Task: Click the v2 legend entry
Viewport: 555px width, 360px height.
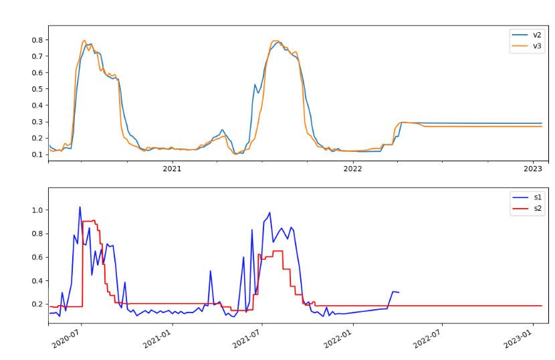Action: pyautogui.click(x=537, y=35)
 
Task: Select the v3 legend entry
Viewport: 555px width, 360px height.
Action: pyautogui.click(x=537, y=46)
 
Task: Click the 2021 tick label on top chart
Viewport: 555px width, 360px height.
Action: pyautogui.click(x=173, y=169)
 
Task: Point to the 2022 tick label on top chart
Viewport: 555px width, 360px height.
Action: pyautogui.click(x=352, y=169)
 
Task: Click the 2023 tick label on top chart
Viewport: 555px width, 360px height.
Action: pyautogui.click(x=533, y=169)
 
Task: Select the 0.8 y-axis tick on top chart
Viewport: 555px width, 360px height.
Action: pyautogui.click(x=37, y=40)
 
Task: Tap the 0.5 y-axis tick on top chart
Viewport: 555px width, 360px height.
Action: pyautogui.click(x=37, y=89)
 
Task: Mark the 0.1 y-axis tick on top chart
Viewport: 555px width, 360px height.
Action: pyautogui.click(x=37, y=155)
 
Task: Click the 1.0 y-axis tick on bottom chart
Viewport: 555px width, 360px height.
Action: pyautogui.click(x=37, y=210)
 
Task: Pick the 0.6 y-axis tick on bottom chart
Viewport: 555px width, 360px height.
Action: pyautogui.click(x=37, y=257)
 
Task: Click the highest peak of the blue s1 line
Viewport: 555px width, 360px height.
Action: pyautogui.click(x=80, y=207)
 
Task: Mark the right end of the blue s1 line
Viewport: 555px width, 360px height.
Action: pyautogui.click(x=399, y=292)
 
